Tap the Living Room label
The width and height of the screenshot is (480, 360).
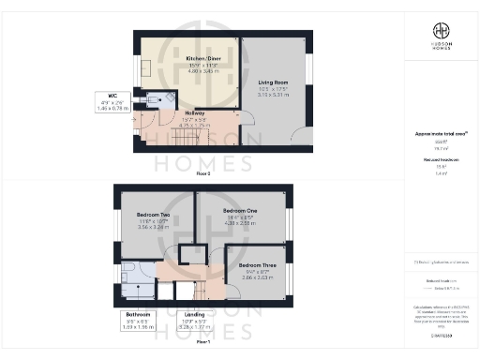click(x=274, y=83)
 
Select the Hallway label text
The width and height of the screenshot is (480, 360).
click(x=195, y=112)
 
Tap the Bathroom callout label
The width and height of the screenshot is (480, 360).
click(x=138, y=314)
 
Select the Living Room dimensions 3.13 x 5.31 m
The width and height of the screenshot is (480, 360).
click(x=274, y=95)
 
